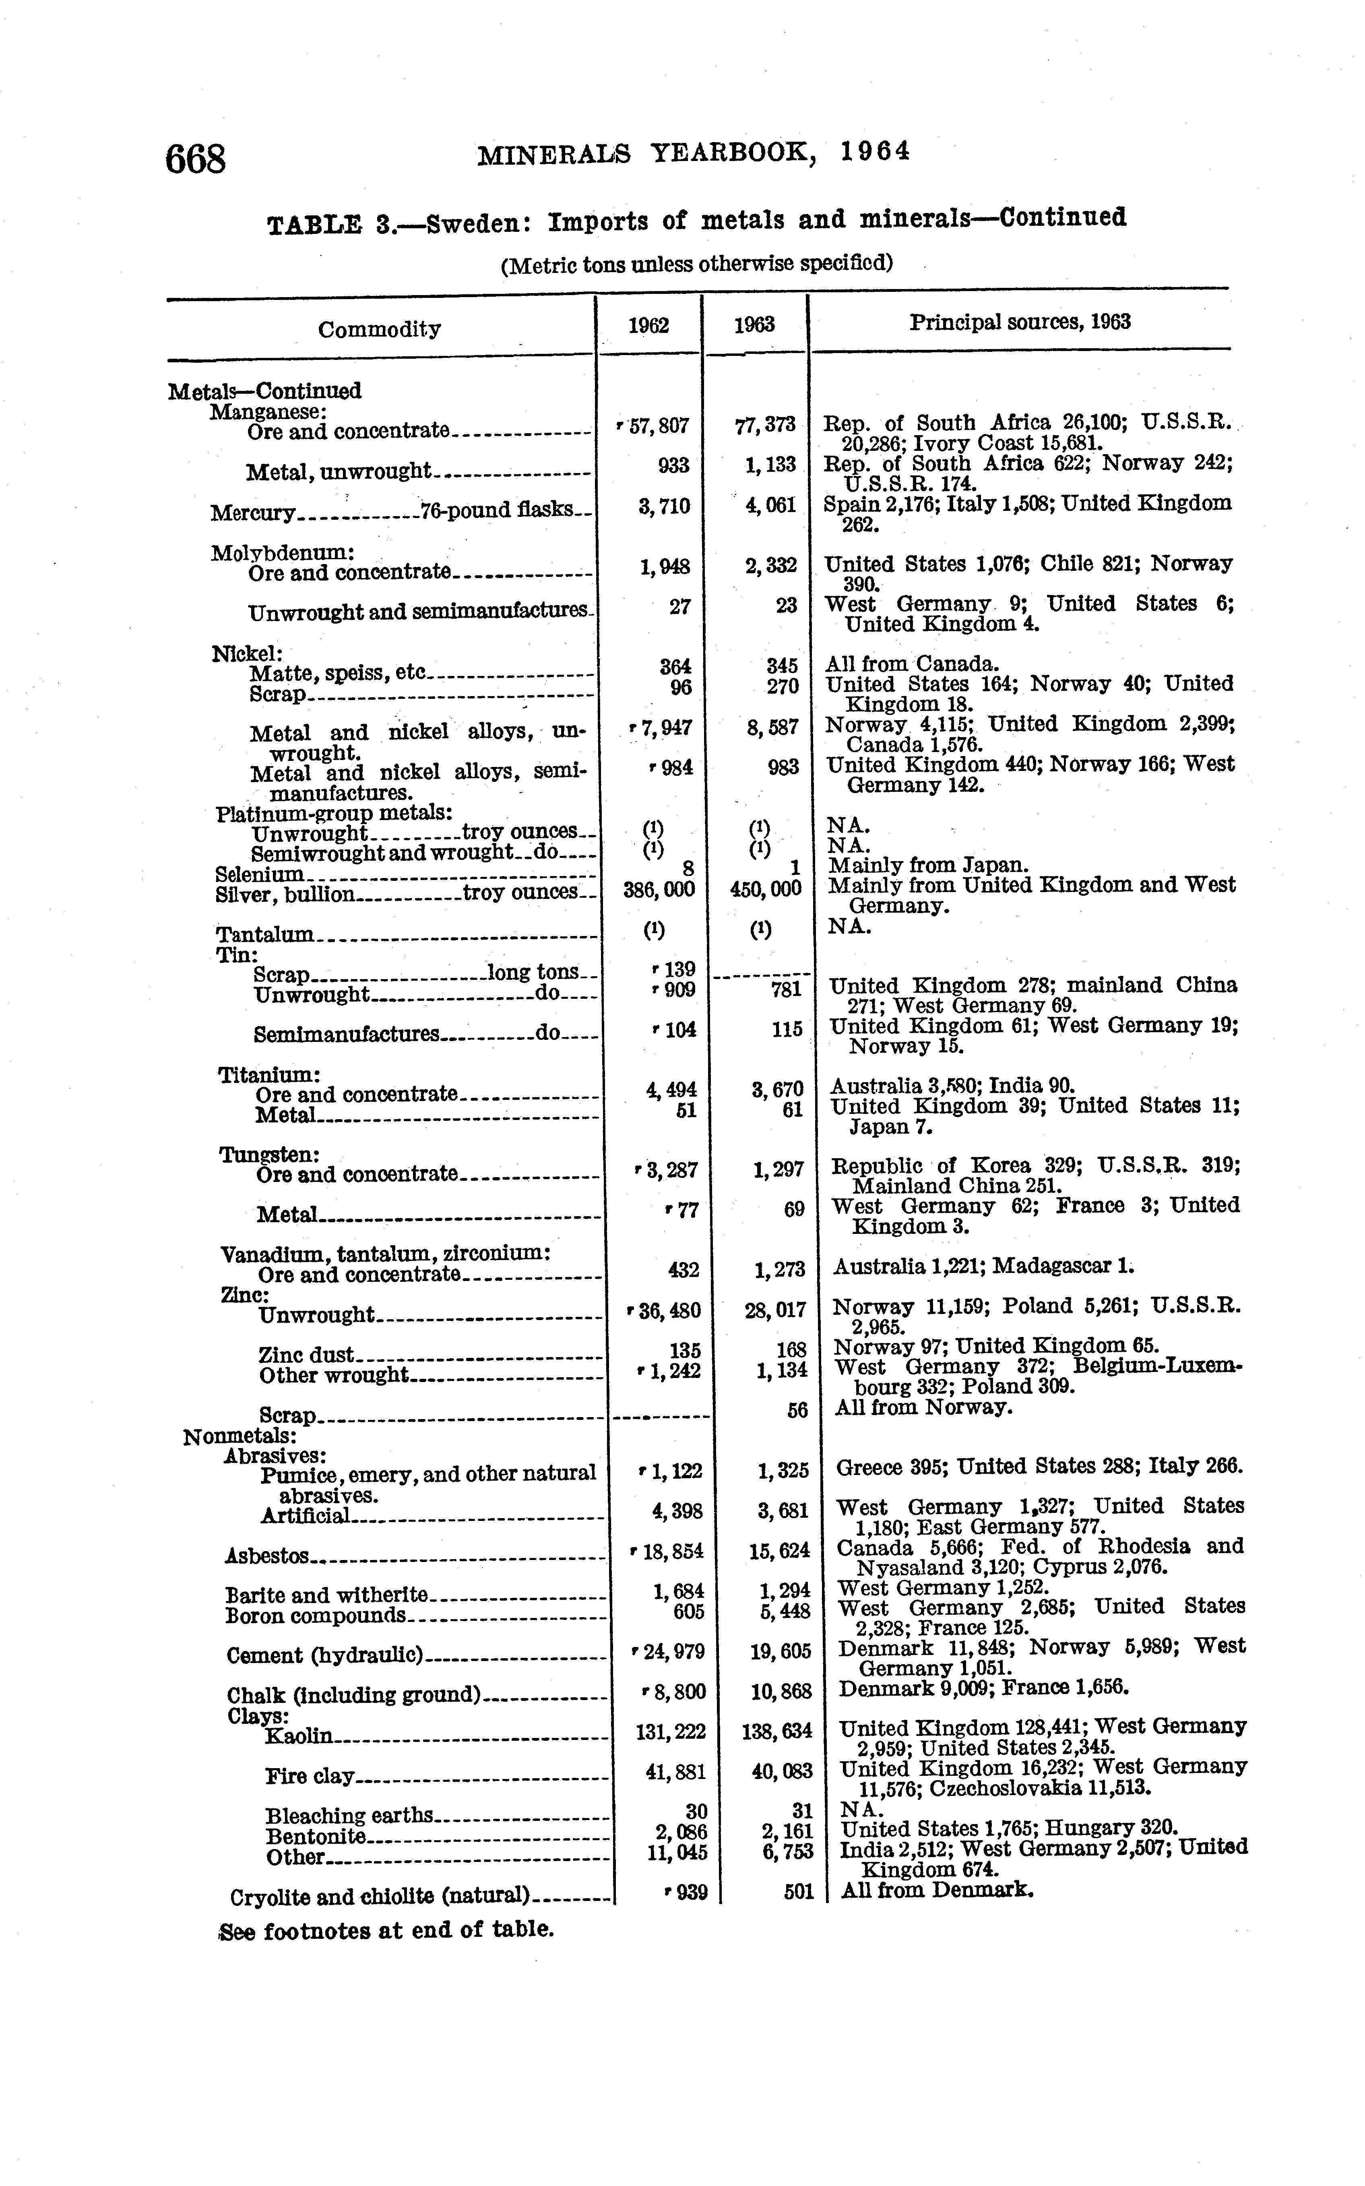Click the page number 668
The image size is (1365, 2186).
pyautogui.click(x=195, y=160)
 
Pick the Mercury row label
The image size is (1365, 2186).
pyautogui.click(x=253, y=513)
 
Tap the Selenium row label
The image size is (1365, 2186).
pyautogui.click(x=260, y=874)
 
